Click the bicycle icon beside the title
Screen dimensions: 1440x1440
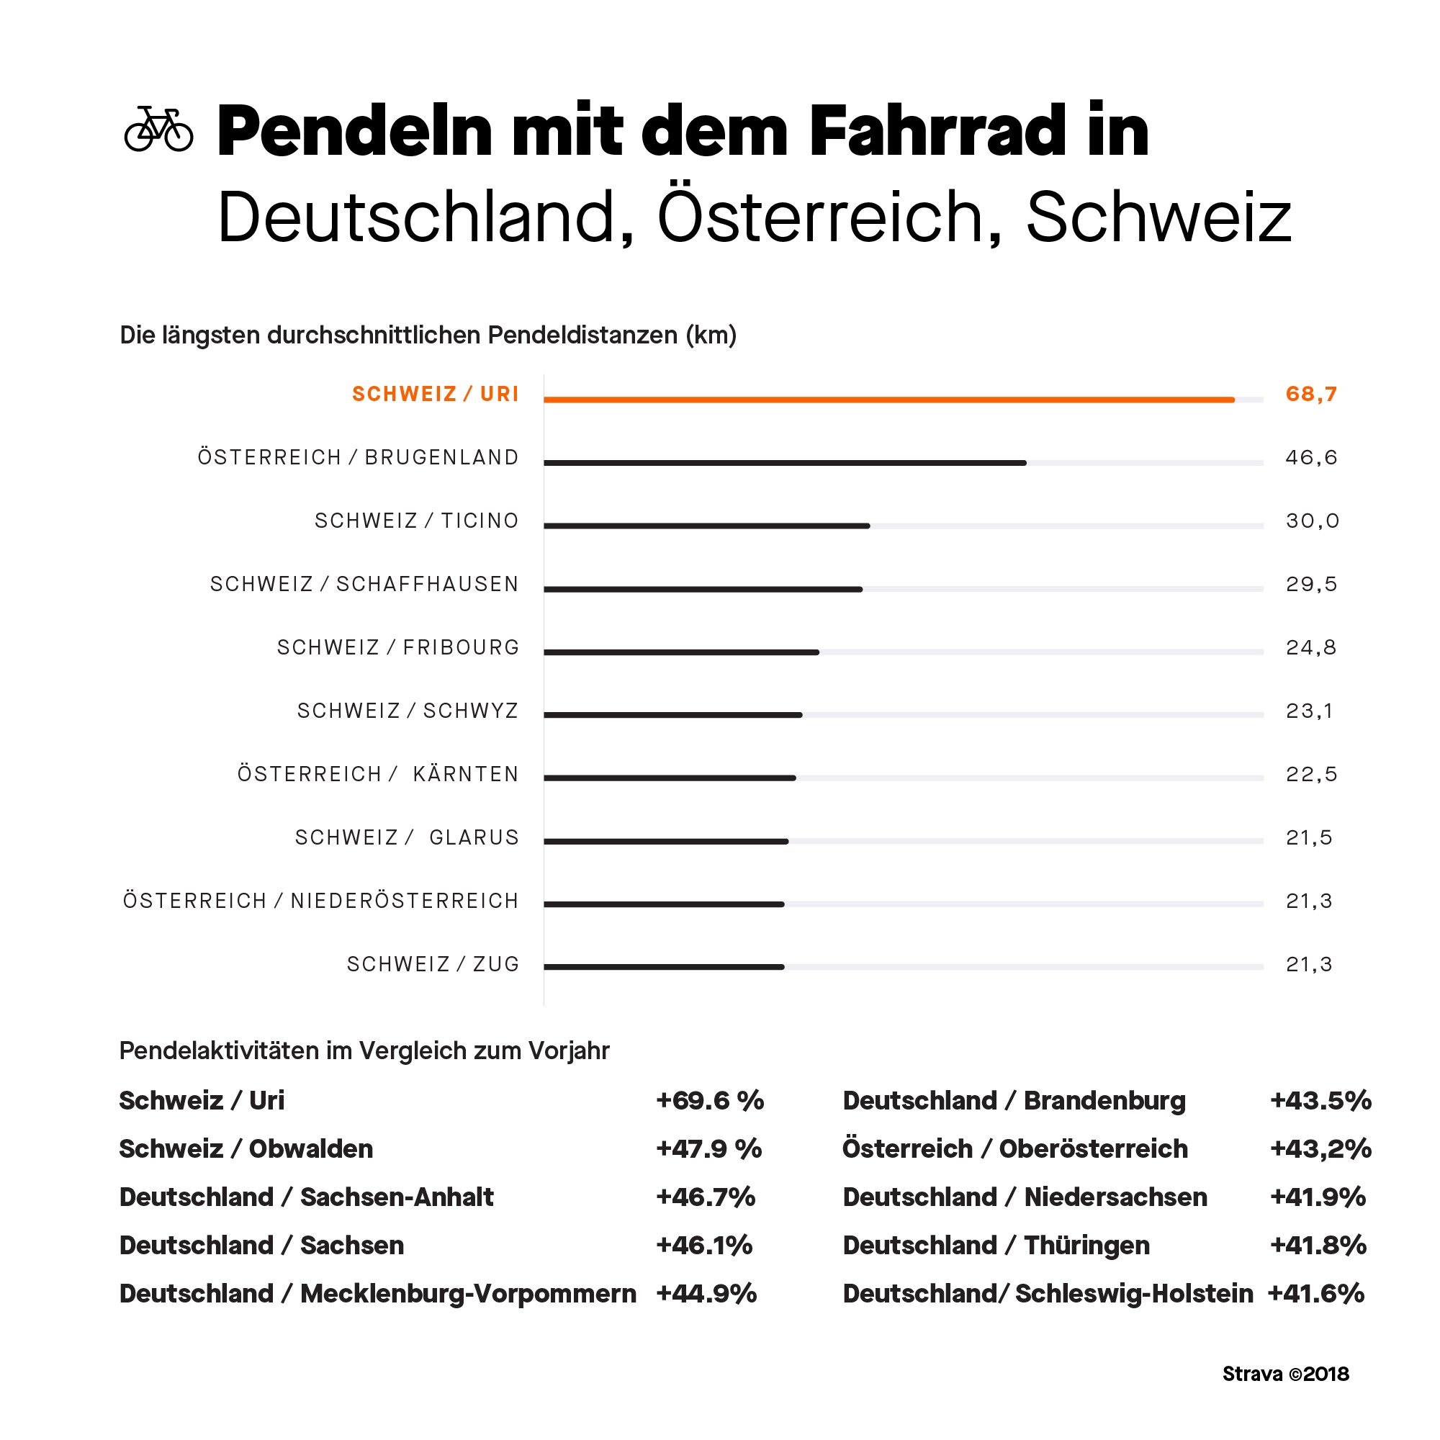[158, 129]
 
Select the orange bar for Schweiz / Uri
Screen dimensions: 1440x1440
[888, 400]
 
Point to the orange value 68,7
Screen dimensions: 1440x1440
[1311, 395]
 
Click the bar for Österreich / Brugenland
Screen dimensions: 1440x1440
[784, 463]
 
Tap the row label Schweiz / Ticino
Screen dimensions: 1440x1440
[416, 521]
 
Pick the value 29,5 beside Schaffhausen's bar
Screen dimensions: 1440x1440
[1311, 585]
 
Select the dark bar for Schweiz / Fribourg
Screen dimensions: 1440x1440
[681, 652]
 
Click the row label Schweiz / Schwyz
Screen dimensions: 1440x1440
[407, 711]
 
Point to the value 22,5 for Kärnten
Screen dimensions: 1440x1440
[1311, 775]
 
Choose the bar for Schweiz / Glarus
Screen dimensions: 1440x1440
[665, 842]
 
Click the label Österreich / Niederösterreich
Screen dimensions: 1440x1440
[320, 901]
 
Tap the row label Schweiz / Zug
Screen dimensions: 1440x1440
[432, 965]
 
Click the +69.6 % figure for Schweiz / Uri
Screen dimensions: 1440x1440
[710, 1100]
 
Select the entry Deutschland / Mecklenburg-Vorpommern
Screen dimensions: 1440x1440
[377, 1293]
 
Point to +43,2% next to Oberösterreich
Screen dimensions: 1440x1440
[1320, 1148]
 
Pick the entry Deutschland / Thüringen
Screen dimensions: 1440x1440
[996, 1245]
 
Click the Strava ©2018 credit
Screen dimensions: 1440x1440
[1285, 1374]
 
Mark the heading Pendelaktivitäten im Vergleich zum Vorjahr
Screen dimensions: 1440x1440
[364, 1050]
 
